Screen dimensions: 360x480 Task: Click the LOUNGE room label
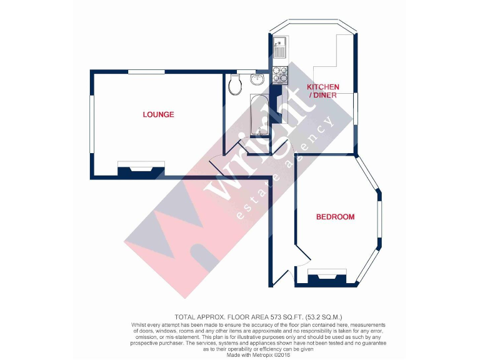tap(158, 114)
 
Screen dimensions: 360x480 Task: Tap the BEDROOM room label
tap(335, 217)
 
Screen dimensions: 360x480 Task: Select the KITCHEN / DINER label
tap(322, 91)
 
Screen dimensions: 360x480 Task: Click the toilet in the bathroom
tap(236, 84)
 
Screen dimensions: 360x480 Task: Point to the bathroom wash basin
tap(257, 79)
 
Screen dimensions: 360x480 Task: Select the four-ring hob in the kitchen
tap(279, 74)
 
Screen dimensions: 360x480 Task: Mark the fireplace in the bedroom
tap(326, 275)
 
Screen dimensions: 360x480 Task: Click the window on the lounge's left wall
tap(92, 124)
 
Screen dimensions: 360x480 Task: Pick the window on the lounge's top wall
tap(146, 72)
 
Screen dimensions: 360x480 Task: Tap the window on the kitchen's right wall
tap(355, 109)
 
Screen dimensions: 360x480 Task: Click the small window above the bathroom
tap(246, 71)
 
